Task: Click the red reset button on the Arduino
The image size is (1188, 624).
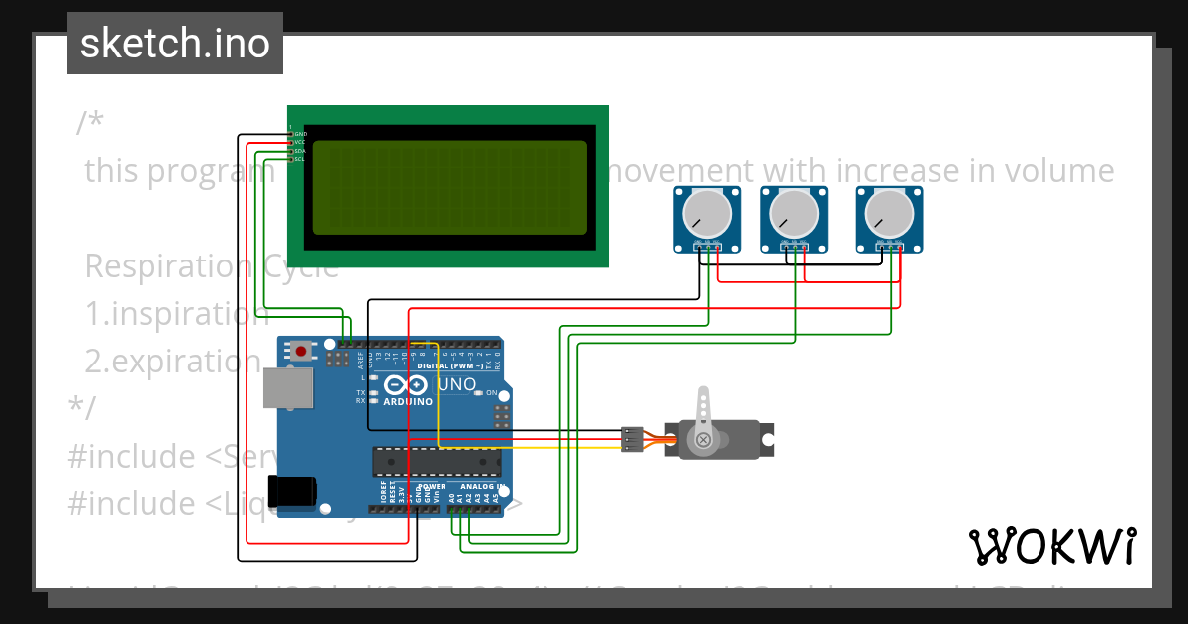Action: click(301, 350)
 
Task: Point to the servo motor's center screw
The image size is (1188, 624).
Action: click(703, 439)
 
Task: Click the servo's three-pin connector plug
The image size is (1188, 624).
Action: click(632, 439)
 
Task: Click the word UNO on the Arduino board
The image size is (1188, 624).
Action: click(457, 384)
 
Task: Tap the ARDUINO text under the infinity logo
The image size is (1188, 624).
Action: click(408, 402)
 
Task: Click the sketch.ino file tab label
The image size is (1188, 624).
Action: click(175, 44)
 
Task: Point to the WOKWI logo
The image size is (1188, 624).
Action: click(1051, 546)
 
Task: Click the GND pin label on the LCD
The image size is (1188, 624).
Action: click(300, 133)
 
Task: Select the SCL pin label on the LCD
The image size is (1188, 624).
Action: click(300, 159)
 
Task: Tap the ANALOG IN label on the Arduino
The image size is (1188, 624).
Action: click(478, 487)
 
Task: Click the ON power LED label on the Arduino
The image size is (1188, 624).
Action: click(491, 393)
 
